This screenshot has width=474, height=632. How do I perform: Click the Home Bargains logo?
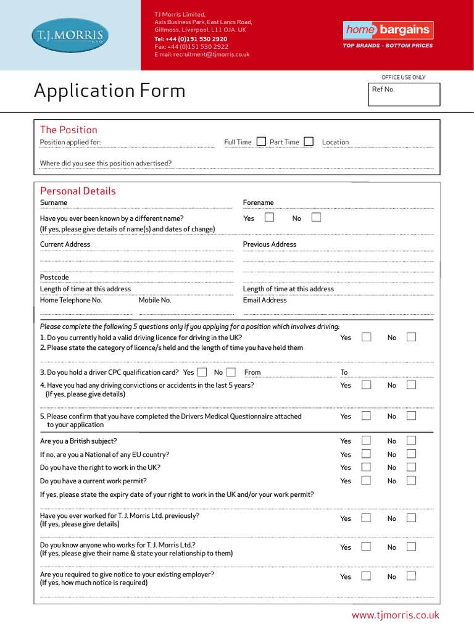pyautogui.click(x=388, y=30)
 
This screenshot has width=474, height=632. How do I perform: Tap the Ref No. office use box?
pyautogui.click(x=404, y=94)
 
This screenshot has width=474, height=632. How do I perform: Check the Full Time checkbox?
pyautogui.click(x=261, y=141)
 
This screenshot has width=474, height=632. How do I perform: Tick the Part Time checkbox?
pyautogui.click(x=309, y=141)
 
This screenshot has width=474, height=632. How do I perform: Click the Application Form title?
pyautogui.click(x=109, y=91)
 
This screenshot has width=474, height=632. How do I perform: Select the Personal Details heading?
pyautogui.click(x=78, y=191)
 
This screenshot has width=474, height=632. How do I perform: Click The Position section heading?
pyautogui.click(x=69, y=130)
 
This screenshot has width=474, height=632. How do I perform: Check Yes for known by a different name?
pyautogui.click(x=269, y=217)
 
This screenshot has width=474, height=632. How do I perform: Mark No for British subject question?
pyautogui.click(x=412, y=441)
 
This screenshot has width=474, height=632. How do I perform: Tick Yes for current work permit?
pyautogui.click(x=366, y=480)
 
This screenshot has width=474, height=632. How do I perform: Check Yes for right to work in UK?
pyautogui.click(x=366, y=467)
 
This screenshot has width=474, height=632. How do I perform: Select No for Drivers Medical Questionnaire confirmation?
pyautogui.click(x=412, y=416)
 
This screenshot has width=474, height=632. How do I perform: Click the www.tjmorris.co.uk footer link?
pyautogui.click(x=395, y=615)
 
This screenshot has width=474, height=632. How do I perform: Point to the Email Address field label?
pyautogui.click(x=265, y=300)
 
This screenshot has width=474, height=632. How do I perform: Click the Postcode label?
pyautogui.click(x=54, y=277)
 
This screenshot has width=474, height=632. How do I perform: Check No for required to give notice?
pyautogui.click(x=412, y=576)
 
